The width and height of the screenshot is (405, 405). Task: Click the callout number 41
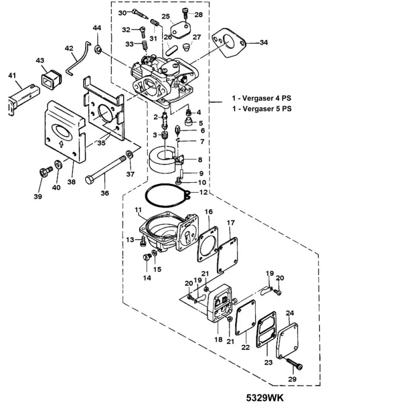(x=12, y=76)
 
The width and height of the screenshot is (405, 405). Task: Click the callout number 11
(x=138, y=210)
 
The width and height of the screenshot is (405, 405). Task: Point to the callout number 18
(x=218, y=340)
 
